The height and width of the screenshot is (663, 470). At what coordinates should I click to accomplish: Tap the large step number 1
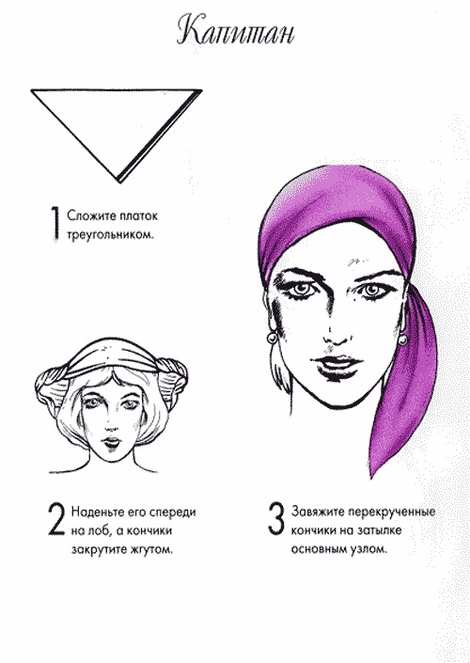pyautogui.click(x=55, y=224)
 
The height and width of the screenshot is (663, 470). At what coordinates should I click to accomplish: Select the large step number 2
pyautogui.click(x=56, y=519)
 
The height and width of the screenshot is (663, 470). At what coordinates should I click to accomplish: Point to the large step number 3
pyautogui.click(x=276, y=518)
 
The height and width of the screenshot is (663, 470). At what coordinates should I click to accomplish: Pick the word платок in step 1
pyautogui.click(x=138, y=215)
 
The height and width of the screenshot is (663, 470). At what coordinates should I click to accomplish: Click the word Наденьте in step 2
pyautogui.click(x=96, y=512)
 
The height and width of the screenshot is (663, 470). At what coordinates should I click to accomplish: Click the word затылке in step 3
pyautogui.click(x=380, y=530)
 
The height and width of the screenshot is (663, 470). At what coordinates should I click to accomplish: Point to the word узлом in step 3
pyautogui.click(x=368, y=550)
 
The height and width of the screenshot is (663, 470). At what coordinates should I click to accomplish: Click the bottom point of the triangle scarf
pyautogui.click(x=120, y=182)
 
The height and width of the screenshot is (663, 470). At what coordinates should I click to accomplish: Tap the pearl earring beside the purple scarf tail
pyautogui.click(x=402, y=339)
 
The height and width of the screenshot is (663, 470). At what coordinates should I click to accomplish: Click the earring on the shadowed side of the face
pyautogui.click(x=273, y=339)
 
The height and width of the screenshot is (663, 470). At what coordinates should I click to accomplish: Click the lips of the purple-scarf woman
pyautogui.click(x=337, y=363)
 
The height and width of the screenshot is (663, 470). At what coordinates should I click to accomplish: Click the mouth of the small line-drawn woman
pyautogui.click(x=113, y=442)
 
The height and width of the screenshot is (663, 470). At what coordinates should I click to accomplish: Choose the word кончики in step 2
pyautogui.click(x=150, y=530)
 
